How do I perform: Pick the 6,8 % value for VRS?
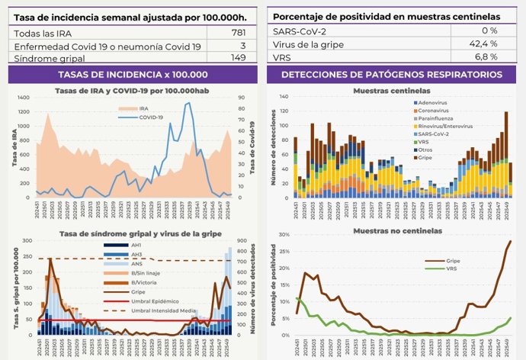click(485, 57)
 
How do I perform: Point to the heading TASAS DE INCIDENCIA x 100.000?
click(133, 74)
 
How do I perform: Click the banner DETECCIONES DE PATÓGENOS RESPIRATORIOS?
click(391, 74)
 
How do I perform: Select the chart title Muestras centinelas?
click(391, 91)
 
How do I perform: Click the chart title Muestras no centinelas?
click(391, 230)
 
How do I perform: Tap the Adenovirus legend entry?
click(434, 101)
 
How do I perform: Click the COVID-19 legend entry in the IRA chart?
click(152, 117)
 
